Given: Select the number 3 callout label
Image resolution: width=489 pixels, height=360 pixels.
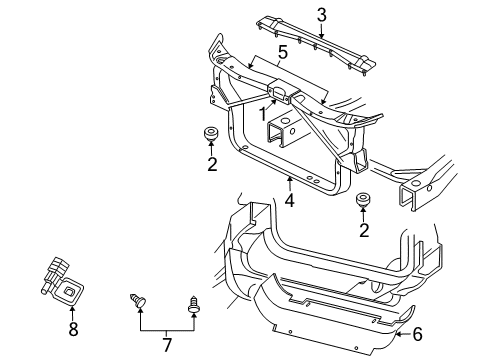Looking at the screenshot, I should (x=322, y=14).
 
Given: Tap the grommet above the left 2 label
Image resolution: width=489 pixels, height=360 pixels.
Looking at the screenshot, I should (x=211, y=134).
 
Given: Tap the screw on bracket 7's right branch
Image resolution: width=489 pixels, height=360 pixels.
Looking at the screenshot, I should (x=193, y=302).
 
